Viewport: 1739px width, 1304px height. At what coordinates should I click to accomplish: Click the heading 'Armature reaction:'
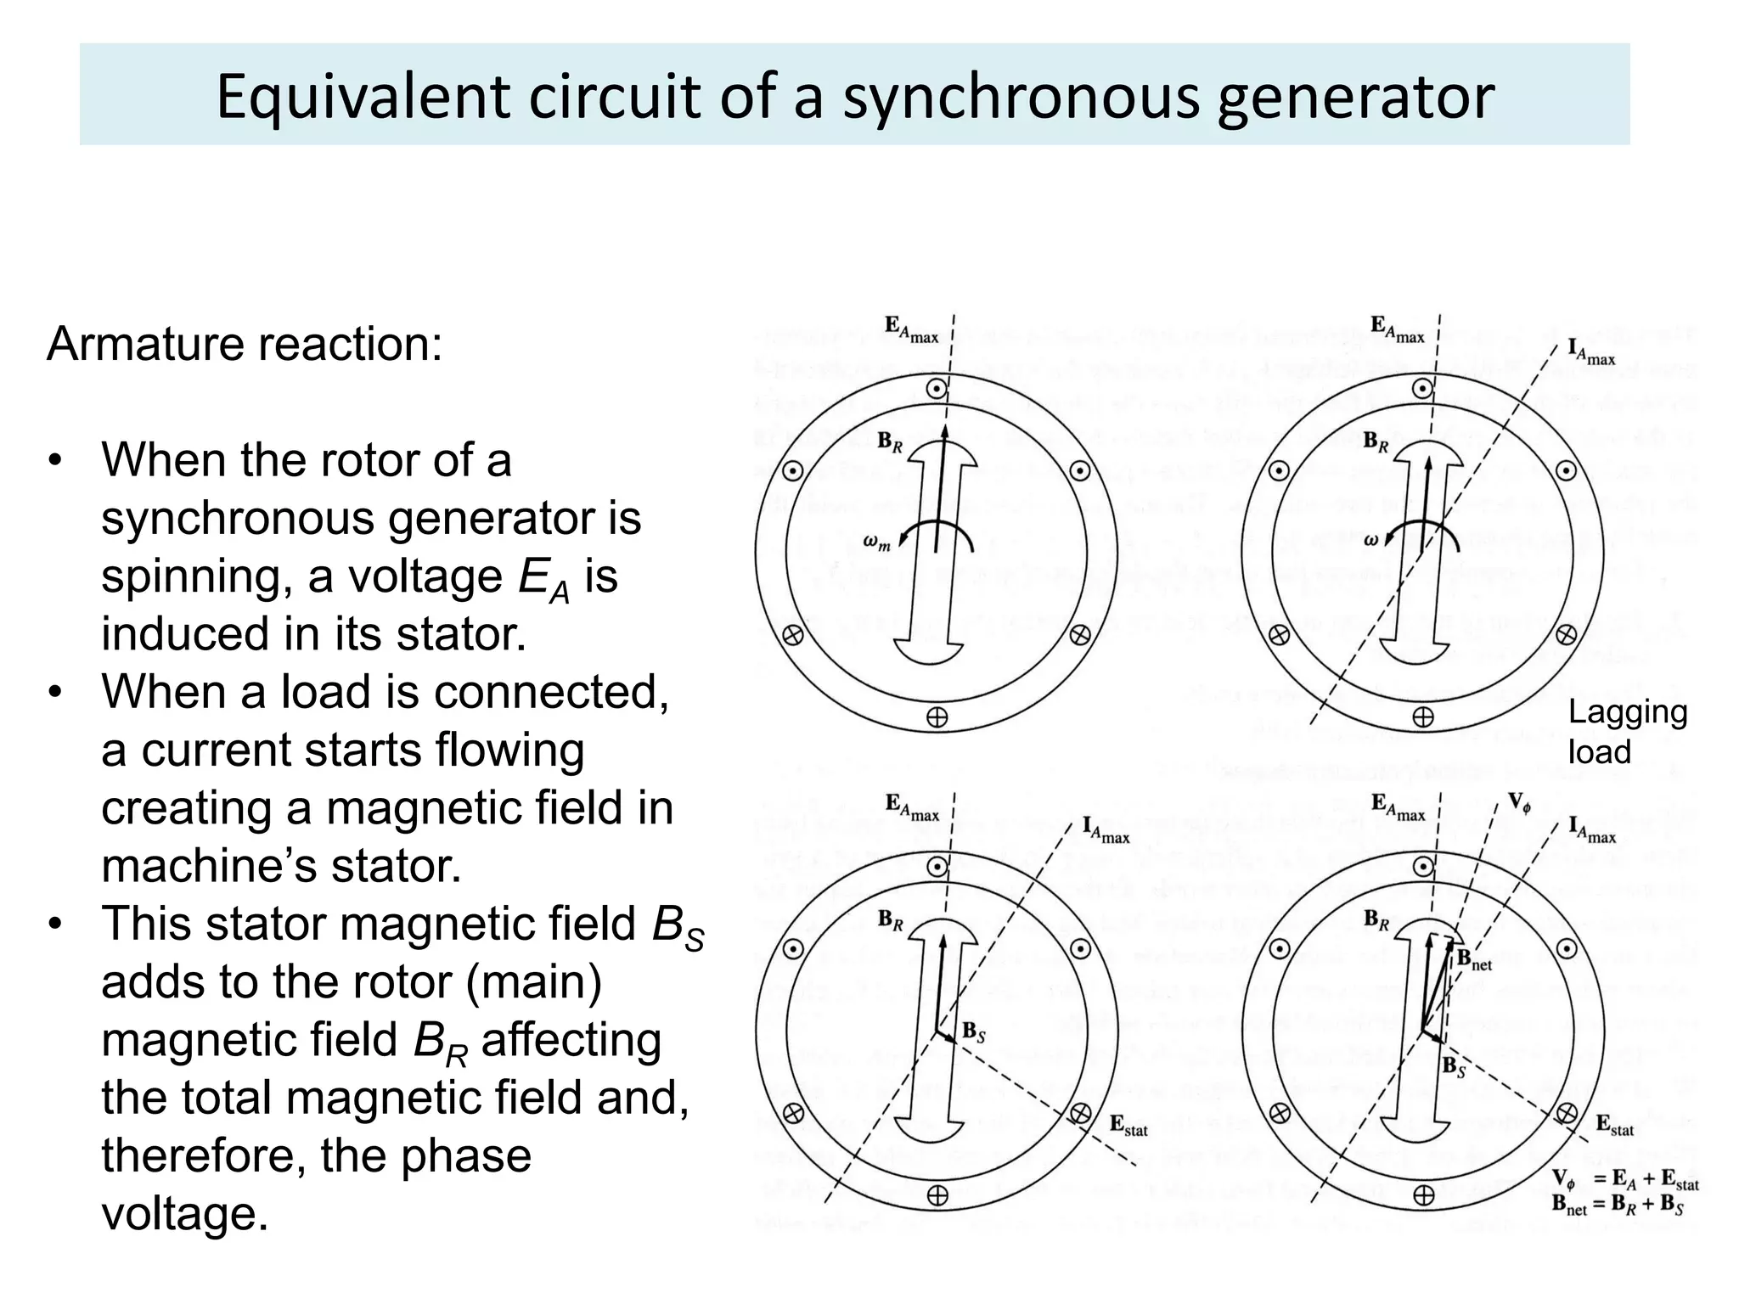245,344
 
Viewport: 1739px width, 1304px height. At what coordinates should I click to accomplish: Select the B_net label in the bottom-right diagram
1474,960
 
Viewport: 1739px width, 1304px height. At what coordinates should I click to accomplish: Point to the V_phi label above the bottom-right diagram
1518,803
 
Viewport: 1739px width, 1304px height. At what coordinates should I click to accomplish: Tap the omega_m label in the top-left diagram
876,542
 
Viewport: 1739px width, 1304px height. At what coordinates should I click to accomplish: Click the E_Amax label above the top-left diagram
911,329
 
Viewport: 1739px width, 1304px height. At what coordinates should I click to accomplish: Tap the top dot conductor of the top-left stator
937,389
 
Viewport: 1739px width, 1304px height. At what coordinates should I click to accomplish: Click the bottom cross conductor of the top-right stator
1422,717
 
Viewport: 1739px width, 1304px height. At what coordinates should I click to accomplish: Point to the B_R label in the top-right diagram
1376,441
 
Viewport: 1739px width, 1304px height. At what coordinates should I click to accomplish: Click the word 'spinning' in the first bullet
198,577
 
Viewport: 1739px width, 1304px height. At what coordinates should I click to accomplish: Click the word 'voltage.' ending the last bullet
184,1214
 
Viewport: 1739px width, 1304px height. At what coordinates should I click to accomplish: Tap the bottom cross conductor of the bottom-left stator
937,1195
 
